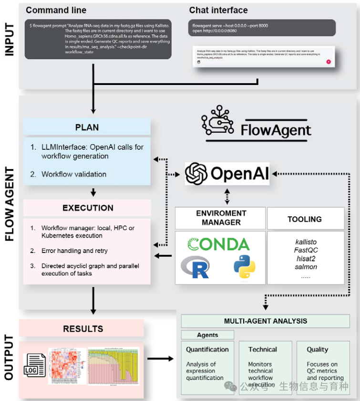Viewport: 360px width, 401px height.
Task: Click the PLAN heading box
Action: point(87,127)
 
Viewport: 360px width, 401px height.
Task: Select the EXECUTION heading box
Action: point(88,208)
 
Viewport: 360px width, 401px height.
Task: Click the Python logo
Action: point(244,267)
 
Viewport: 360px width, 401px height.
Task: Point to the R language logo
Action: point(195,266)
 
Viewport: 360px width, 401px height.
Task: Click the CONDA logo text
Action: point(218,244)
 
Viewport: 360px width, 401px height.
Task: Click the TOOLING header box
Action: point(305,219)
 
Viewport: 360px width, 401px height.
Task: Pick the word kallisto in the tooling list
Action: point(306,242)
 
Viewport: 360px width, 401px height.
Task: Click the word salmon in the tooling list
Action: point(306,267)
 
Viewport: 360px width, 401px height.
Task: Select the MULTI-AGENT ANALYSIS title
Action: point(266,321)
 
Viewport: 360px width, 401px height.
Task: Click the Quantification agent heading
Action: point(207,349)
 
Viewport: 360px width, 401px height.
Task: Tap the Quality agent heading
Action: point(318,349)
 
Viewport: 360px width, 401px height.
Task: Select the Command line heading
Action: point(56,10)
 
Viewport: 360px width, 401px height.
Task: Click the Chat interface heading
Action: point(218,10)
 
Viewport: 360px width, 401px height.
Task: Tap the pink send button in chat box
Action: point(329,62)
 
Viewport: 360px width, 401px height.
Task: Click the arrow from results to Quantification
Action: point(160,358)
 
